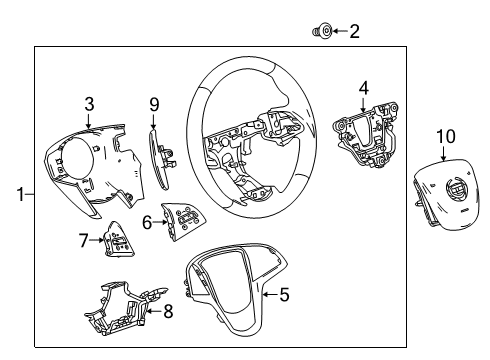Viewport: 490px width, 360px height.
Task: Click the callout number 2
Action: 354,32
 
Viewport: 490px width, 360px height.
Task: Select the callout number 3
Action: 89,102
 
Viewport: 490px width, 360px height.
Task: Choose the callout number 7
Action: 84,240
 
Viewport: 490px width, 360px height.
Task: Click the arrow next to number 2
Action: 338,32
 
